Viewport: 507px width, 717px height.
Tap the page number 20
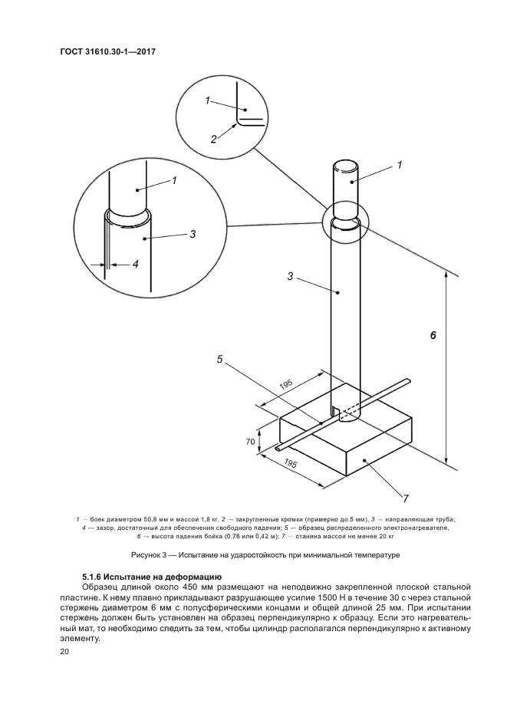click(64, 652)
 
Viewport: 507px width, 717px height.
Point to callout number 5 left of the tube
click(220, 358)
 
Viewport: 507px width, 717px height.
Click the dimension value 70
click(250, 442)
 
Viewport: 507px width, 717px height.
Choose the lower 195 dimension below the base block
click(291, 463)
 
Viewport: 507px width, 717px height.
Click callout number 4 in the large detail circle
click(135, 264)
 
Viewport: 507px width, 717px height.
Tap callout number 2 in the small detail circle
click(214, 139)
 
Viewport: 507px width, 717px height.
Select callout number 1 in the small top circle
click(207, 100)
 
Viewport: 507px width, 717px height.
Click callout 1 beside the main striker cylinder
click(400, 164)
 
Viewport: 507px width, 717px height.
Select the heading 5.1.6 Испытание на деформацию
click(151, 575)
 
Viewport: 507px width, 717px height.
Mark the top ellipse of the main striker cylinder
click(346, 166)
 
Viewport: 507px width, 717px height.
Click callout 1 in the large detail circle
click(174, 180)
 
